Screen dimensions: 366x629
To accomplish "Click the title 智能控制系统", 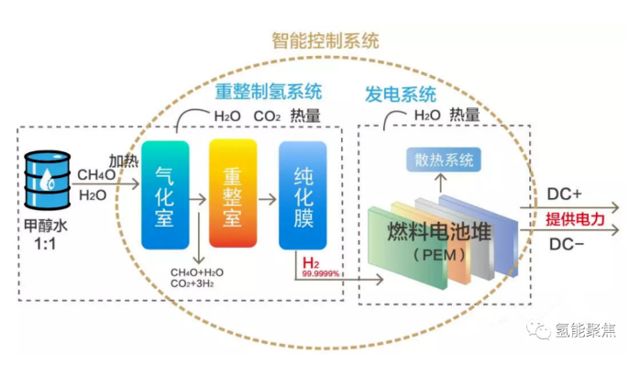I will click(x=326, y=41).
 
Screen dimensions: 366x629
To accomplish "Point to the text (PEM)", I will click(x=439, y=253).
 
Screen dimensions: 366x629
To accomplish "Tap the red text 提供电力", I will click(x=575, y=219).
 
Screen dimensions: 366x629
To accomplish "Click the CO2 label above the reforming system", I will click(x=266, y=116).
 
